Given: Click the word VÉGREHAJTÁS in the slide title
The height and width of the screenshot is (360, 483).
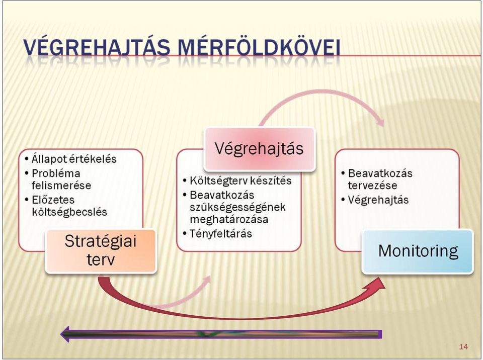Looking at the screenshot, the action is click(97, 48).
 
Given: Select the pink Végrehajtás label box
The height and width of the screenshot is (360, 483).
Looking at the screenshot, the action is click(260, 149).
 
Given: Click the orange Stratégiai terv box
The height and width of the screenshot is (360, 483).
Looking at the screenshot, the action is click(101, 251).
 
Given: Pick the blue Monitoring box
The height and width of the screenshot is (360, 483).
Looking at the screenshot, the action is click(418, 251).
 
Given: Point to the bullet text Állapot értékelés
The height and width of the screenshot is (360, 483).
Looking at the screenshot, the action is click(74, 159).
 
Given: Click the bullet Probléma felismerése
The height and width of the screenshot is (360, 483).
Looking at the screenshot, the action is click(61, 179).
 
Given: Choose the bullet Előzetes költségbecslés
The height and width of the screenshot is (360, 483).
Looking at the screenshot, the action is click(69, 206).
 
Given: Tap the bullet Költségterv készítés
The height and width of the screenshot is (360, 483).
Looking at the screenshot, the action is click(240, 181).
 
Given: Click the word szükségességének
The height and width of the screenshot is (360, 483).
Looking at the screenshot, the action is click(237, 207).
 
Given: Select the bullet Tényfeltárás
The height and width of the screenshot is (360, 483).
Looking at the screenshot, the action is click(221, 234).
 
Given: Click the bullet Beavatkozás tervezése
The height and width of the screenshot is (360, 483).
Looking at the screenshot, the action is click(380, 179).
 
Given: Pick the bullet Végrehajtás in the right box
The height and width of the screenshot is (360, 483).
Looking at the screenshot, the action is click(378, 200).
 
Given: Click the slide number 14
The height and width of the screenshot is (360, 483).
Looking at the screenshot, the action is click(463, 347).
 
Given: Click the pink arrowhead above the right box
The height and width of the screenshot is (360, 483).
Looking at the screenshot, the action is click(380, 120).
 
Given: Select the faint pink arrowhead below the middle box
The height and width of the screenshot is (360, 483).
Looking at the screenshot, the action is click(206, 280).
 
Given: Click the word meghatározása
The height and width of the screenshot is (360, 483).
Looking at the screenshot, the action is click(229, 220).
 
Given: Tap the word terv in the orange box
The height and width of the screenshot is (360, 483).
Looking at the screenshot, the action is click(101, 259).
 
